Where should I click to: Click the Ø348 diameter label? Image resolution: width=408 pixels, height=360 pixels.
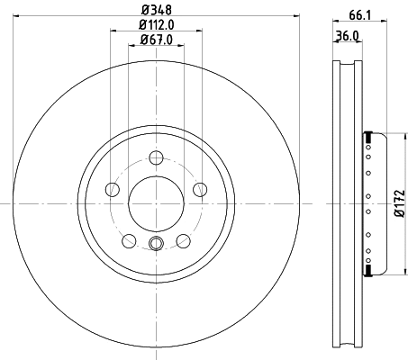tap(157, 9)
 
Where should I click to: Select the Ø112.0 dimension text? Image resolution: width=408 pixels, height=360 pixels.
tap(157, 24)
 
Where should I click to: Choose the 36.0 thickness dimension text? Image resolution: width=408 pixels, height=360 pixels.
tap(348, 37)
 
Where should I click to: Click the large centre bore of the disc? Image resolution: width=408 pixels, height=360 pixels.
tap(156, 202)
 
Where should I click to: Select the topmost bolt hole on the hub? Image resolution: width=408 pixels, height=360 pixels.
tap(156, 156)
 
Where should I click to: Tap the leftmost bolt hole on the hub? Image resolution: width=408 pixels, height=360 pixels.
tap(113, 189)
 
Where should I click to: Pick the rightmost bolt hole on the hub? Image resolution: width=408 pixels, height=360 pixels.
tap(200, 189)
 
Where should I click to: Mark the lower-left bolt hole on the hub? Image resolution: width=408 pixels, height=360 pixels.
tap(129, 239)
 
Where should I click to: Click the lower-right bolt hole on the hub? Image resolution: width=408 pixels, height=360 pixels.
tap(183, 239)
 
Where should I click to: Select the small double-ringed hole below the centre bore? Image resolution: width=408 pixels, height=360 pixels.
tap(156, 242)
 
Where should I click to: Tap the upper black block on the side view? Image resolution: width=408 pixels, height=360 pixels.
tap(367, 137)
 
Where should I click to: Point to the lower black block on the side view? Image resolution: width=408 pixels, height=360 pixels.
tap(367, 269)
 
